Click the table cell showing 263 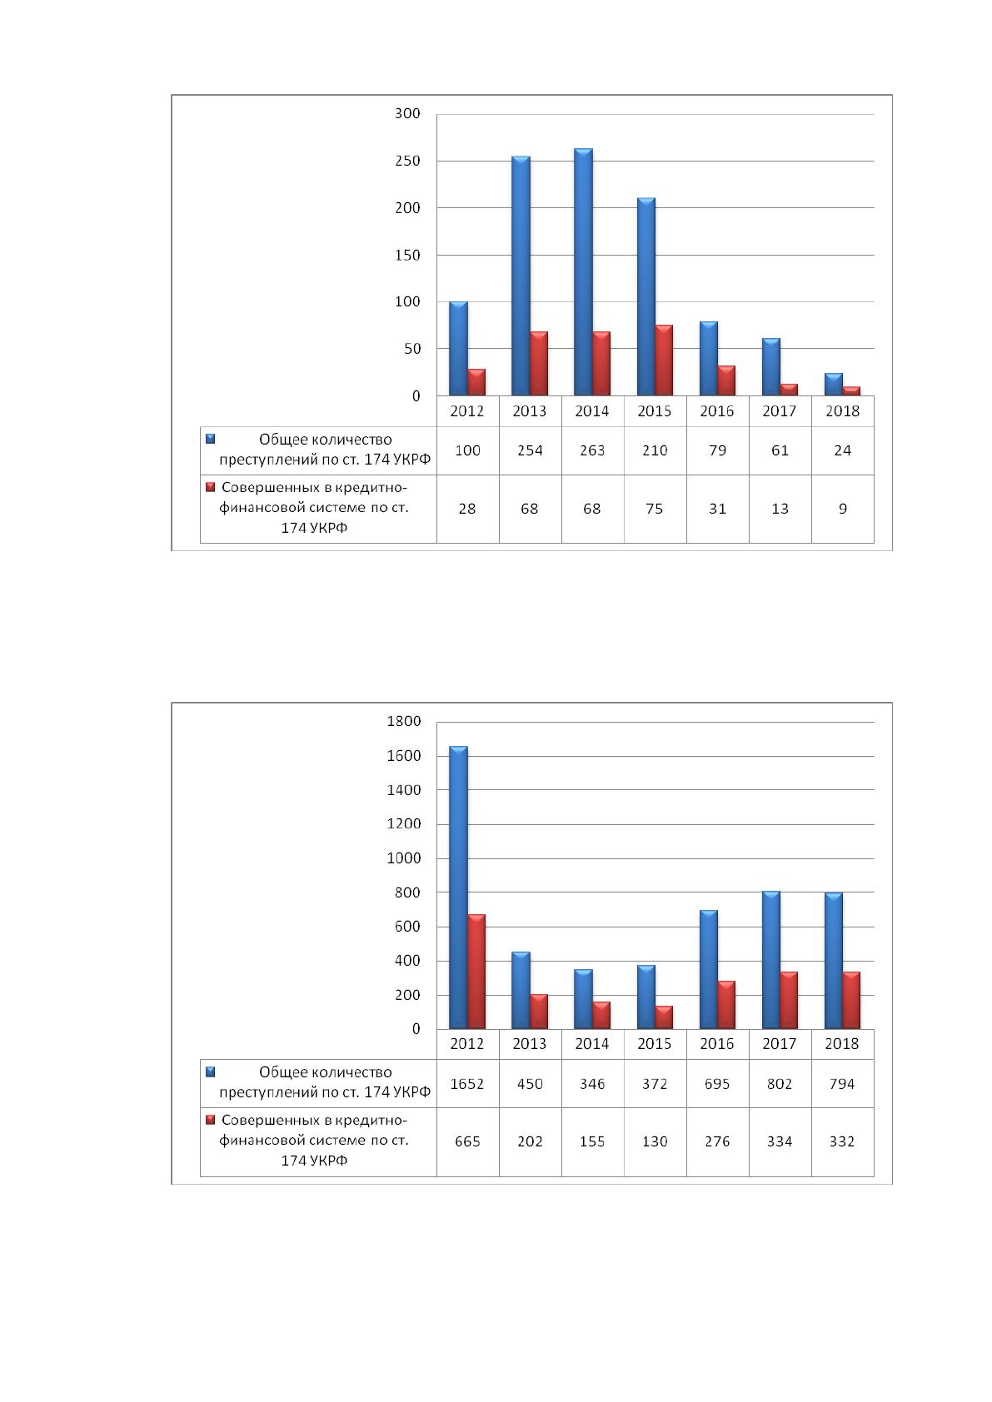[592, 450]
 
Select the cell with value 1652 [467, 1083]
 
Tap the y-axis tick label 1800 [403, 721]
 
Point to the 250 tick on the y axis [407, 161]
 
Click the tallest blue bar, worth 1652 [458, 887]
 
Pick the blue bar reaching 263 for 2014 [583, 272]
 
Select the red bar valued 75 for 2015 [664, 360]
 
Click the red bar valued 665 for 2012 [476, 972]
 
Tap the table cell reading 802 [780, 1083]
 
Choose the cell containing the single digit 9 [842, 509]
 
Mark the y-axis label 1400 [403, 790]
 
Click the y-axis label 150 [407, 256]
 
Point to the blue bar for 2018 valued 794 [834, 961]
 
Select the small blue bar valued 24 [834, 385]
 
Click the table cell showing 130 [655, 1141]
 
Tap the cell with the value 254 [530, 450]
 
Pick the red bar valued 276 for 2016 [726, 1005]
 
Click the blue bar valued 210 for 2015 [646, 296]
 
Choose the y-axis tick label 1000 [403, 858]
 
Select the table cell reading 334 [780, 1141]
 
